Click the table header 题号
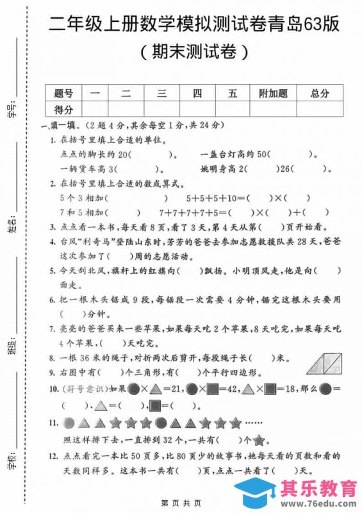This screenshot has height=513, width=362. point(64,94)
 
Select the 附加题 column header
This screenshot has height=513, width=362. point(273,94)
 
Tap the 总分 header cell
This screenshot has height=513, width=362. point(319,94)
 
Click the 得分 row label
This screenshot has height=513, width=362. point(64,109)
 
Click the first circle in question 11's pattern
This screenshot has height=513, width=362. point(69,423)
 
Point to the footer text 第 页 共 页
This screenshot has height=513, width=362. point(181,502)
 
